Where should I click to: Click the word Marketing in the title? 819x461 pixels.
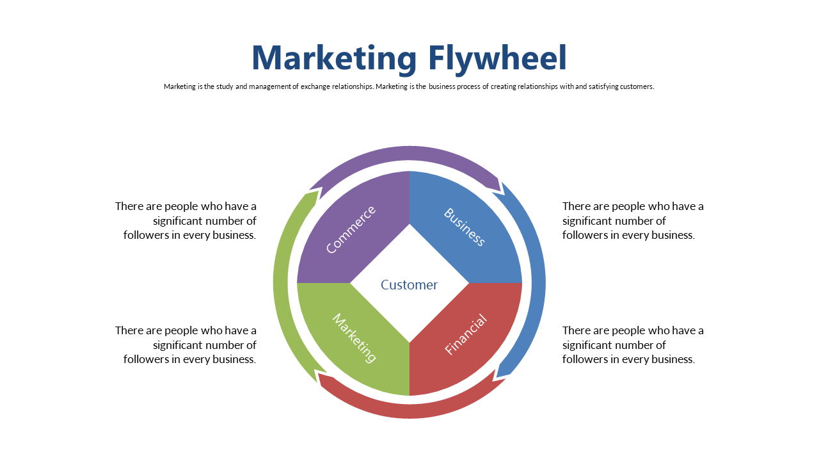click(x=334, y=58)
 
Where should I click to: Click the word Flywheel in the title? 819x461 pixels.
click(x=498, y=58)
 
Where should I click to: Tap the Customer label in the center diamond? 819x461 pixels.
click(x=409, y=285)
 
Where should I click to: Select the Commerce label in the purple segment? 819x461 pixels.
click(x=351, y=229)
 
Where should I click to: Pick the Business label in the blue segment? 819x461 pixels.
click(x=465, y=227)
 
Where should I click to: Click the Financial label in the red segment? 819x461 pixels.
click(x=466, y=334)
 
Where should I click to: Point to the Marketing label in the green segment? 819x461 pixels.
click(x=354, y=338)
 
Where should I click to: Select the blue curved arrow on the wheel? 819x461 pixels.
click(x=537, y=282)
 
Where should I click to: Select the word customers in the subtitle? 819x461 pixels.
click(x=637, y=86)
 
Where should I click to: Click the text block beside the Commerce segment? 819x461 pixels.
click(x=186, y=221)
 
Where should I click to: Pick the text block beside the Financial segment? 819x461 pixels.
click(x=633, y=344)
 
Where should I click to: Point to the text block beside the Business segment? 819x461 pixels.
click(x=633, y=221)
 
